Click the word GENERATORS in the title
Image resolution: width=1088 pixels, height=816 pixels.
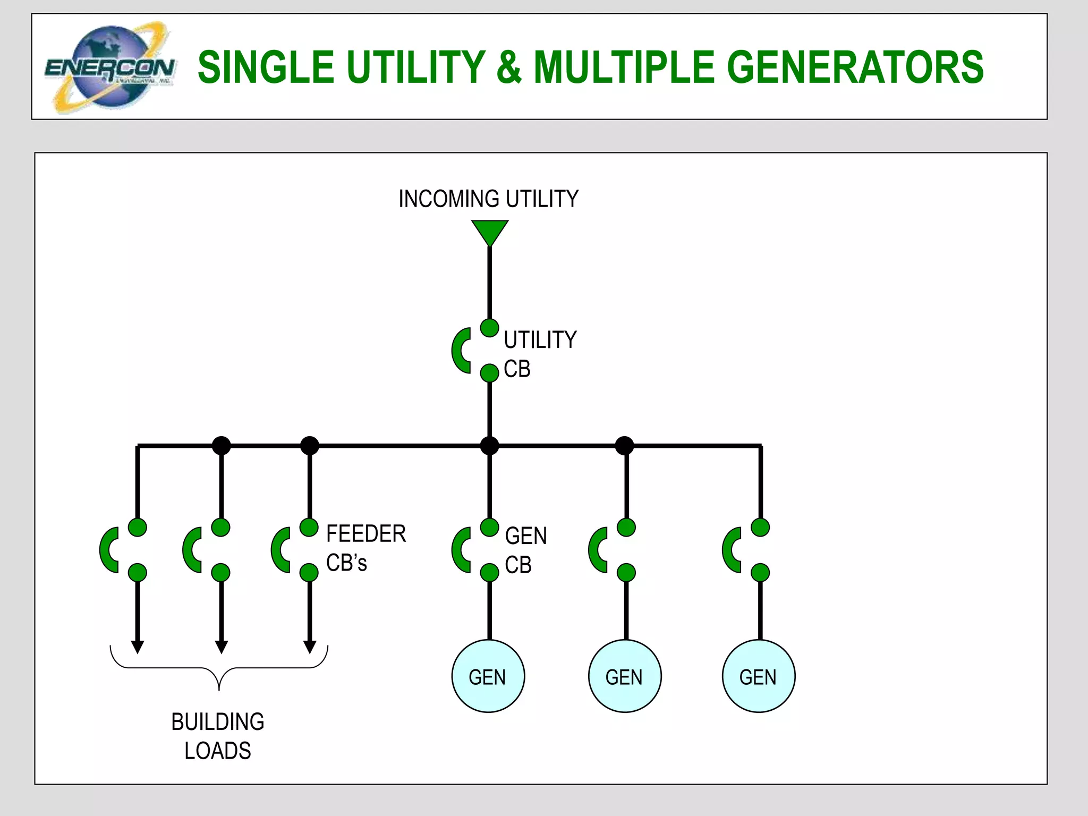point(855,67)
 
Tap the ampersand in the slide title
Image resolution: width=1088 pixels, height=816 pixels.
point(509,67)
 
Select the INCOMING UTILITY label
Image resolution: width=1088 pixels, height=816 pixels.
point(488,199)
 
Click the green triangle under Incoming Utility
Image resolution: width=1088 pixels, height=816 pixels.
point(489,231)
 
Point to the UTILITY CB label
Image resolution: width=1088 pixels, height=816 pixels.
point(539,354)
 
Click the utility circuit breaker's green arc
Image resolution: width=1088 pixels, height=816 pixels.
point(460,351)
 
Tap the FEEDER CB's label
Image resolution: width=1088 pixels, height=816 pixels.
point(365,548)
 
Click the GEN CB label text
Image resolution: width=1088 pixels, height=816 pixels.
point(525,550)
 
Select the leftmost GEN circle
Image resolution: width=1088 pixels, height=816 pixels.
point(488,676)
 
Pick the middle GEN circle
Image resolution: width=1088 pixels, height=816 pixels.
point(625,676)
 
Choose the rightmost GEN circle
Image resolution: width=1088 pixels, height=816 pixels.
point(759,676)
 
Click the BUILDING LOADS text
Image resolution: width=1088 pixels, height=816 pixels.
point(217,736)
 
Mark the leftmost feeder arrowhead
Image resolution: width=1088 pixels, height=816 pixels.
point(138,647)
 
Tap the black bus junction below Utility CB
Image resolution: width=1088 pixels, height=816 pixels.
point(489,445)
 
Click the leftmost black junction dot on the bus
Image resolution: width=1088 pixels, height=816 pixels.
point(222,445)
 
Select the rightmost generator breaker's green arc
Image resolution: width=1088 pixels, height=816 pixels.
point(730,550)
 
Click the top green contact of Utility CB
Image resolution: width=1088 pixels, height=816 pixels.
point(489,328)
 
